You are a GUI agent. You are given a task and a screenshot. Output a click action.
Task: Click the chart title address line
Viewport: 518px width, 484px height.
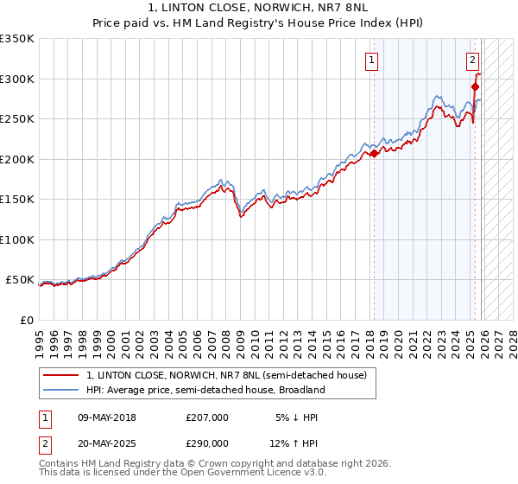[x=258, y=9]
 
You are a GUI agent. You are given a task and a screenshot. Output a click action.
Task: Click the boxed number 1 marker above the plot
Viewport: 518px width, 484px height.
[x=371, y=60]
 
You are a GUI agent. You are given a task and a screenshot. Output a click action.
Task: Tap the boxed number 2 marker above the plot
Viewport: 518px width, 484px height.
[x=473, y=60]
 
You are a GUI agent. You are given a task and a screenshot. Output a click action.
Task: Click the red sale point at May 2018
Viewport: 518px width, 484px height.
[x=374, y=154]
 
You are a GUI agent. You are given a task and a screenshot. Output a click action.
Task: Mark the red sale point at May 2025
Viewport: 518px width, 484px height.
[x=475, y=86]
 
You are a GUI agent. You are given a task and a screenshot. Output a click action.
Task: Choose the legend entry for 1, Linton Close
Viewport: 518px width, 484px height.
[x=226, y=375]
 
